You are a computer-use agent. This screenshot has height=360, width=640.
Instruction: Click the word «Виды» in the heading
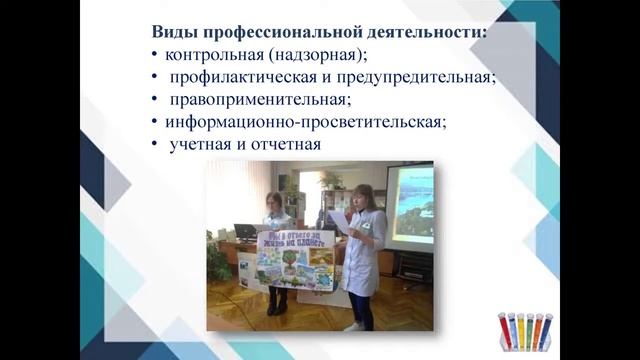pyautogui.click(x=173, y=31)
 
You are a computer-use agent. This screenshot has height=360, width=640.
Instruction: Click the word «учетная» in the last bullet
pyautogui.click(x=201, y=145)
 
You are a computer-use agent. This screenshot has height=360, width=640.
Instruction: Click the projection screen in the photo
pyautogui.click(x=410, y=205)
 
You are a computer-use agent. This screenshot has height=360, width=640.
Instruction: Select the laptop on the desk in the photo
pyautogui.click(x=245, y=233)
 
